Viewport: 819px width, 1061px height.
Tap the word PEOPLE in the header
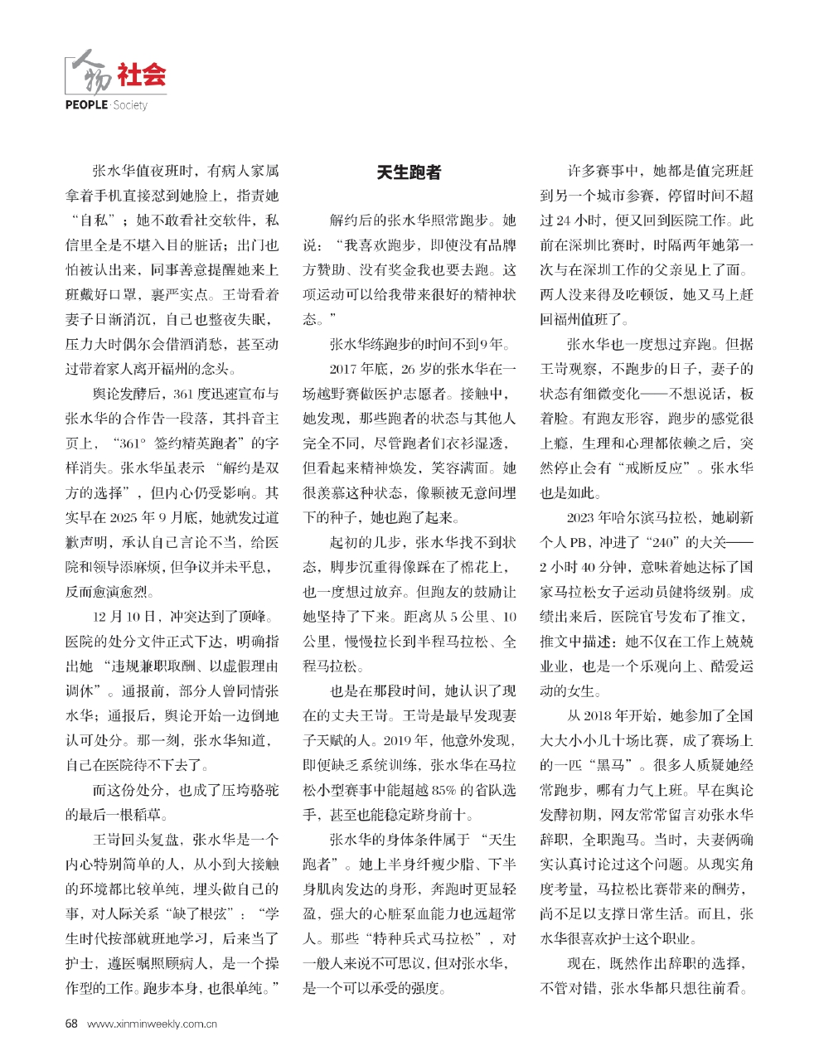coord(86,105)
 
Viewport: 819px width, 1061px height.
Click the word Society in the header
coord(130,105)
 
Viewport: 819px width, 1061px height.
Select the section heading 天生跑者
coord(409,172)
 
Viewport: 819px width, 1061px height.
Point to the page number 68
coord(71,1023)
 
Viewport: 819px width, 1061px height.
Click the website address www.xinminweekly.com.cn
coord(152,1024)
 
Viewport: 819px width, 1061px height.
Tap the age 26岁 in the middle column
coord(419,369)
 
